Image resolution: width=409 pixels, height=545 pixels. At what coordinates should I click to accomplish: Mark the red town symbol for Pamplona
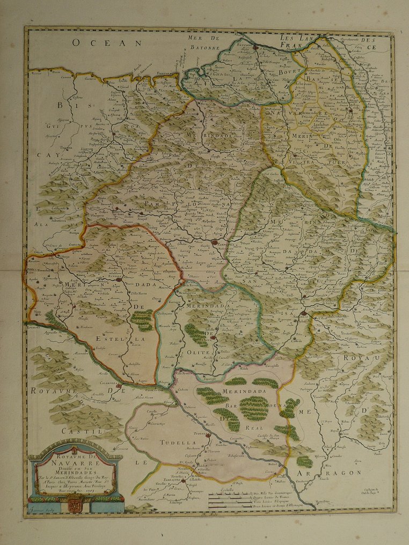click(215, 242)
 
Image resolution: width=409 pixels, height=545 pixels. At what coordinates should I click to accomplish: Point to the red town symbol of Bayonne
click(255, 47)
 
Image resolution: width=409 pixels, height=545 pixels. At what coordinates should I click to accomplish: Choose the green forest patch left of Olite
click(195, 335)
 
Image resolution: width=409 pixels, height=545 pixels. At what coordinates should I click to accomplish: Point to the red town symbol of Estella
click(119, 279)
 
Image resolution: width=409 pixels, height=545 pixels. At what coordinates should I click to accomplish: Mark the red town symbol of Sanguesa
click(304, 314)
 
